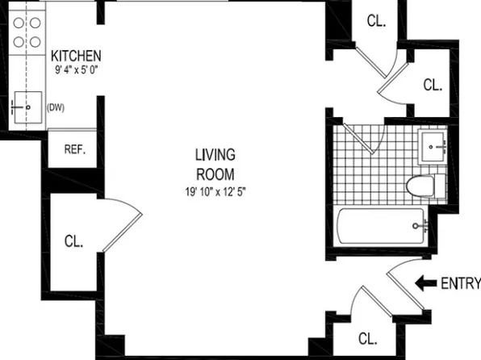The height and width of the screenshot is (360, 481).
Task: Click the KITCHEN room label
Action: [76, 56]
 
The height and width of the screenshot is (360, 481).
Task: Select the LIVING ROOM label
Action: [215, 164]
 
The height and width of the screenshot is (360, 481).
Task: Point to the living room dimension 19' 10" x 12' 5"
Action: [215, 192]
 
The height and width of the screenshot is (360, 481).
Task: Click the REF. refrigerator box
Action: [74, 149]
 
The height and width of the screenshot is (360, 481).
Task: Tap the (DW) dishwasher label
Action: [56, 107]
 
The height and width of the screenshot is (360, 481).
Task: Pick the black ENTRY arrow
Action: [425, 283]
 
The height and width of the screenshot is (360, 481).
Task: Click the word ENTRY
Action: [461, 283]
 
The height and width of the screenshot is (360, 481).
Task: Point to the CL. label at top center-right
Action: [377, 22]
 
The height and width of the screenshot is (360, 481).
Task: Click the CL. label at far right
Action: [433, 84]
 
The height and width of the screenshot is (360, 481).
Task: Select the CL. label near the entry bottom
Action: [368, 338]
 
